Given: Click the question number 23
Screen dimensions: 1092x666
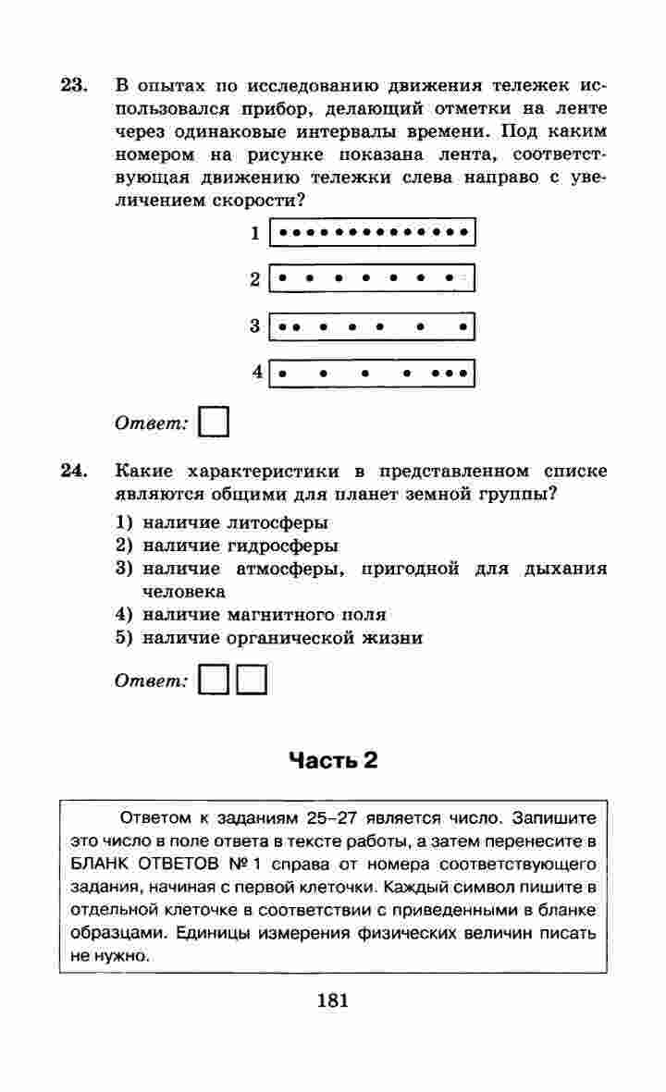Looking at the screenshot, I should click(x=73, y=86).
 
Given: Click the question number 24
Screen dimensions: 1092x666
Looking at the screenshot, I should click(x=73, y=472).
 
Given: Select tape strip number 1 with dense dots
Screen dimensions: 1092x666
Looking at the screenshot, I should click(x=372, y=231).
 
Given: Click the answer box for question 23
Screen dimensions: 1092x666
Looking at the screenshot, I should click(x=215, y=422).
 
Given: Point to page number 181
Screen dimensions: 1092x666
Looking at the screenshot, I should click(x=332, y=1000).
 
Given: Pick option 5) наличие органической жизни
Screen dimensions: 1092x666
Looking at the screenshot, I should click(x=269, y=637).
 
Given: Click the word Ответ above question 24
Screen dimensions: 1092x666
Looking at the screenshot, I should click(x=151, y=423).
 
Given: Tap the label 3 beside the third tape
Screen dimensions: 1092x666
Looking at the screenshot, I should click(x=254, y=325).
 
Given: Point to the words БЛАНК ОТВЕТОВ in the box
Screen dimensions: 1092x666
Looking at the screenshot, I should click(x=141, y=865).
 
